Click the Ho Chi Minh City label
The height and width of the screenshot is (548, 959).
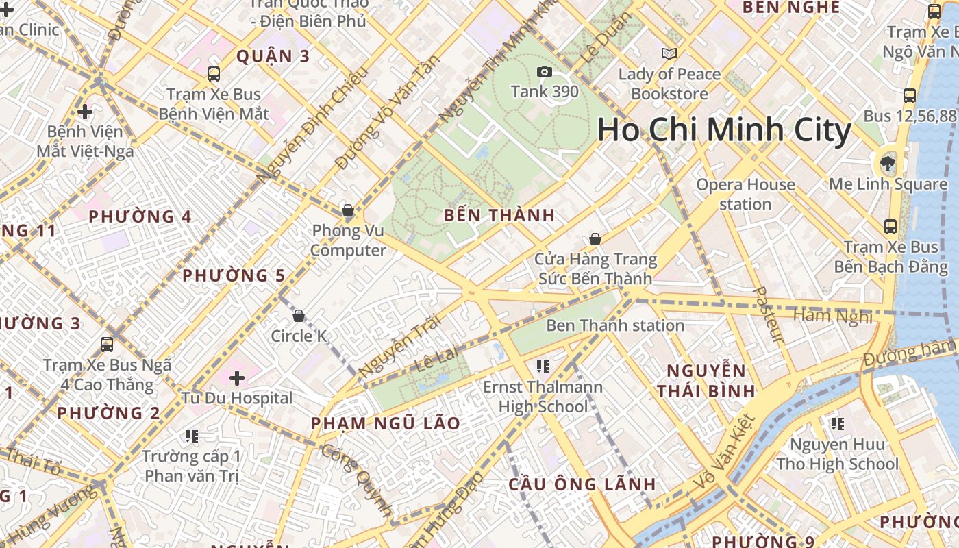(724, 129)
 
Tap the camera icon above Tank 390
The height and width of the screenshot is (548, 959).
(544, 71)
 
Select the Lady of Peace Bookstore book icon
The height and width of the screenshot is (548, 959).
(669, 53)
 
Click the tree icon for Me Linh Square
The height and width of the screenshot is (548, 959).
(888, 163)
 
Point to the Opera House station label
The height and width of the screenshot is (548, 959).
(745, 194)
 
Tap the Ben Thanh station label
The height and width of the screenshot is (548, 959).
(614, 325)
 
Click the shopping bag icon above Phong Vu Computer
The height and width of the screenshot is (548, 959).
(348, 210)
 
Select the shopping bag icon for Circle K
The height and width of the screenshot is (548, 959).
(299, 316)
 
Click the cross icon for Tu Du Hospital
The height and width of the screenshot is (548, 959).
(237, 377)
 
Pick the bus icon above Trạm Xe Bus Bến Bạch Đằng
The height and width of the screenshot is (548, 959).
(891, 226)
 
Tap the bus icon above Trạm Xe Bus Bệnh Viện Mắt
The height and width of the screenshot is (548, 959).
(214, 73)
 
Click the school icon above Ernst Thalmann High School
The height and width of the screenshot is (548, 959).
(543, 366)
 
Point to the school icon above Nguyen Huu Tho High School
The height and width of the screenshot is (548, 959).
(836, 424)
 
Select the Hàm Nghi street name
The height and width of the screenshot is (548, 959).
(833, 316)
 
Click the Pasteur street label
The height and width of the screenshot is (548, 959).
(768, 314)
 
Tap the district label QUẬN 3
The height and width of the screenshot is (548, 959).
(273, 56)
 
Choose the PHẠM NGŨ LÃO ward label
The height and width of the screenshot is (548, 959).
(386, 423)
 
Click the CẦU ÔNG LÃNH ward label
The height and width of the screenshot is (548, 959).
(582, 484)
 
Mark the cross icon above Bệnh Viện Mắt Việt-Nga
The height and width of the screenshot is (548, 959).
(85, 111)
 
